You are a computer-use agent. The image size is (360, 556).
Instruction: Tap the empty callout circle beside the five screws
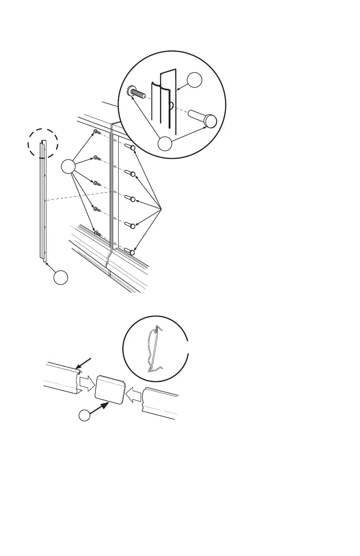(68, 167)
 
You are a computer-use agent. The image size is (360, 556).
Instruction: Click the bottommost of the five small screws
(97, 233)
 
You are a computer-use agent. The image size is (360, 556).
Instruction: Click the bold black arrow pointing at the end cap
(100, 407)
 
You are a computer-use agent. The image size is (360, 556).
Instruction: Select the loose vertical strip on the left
(42, 202)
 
